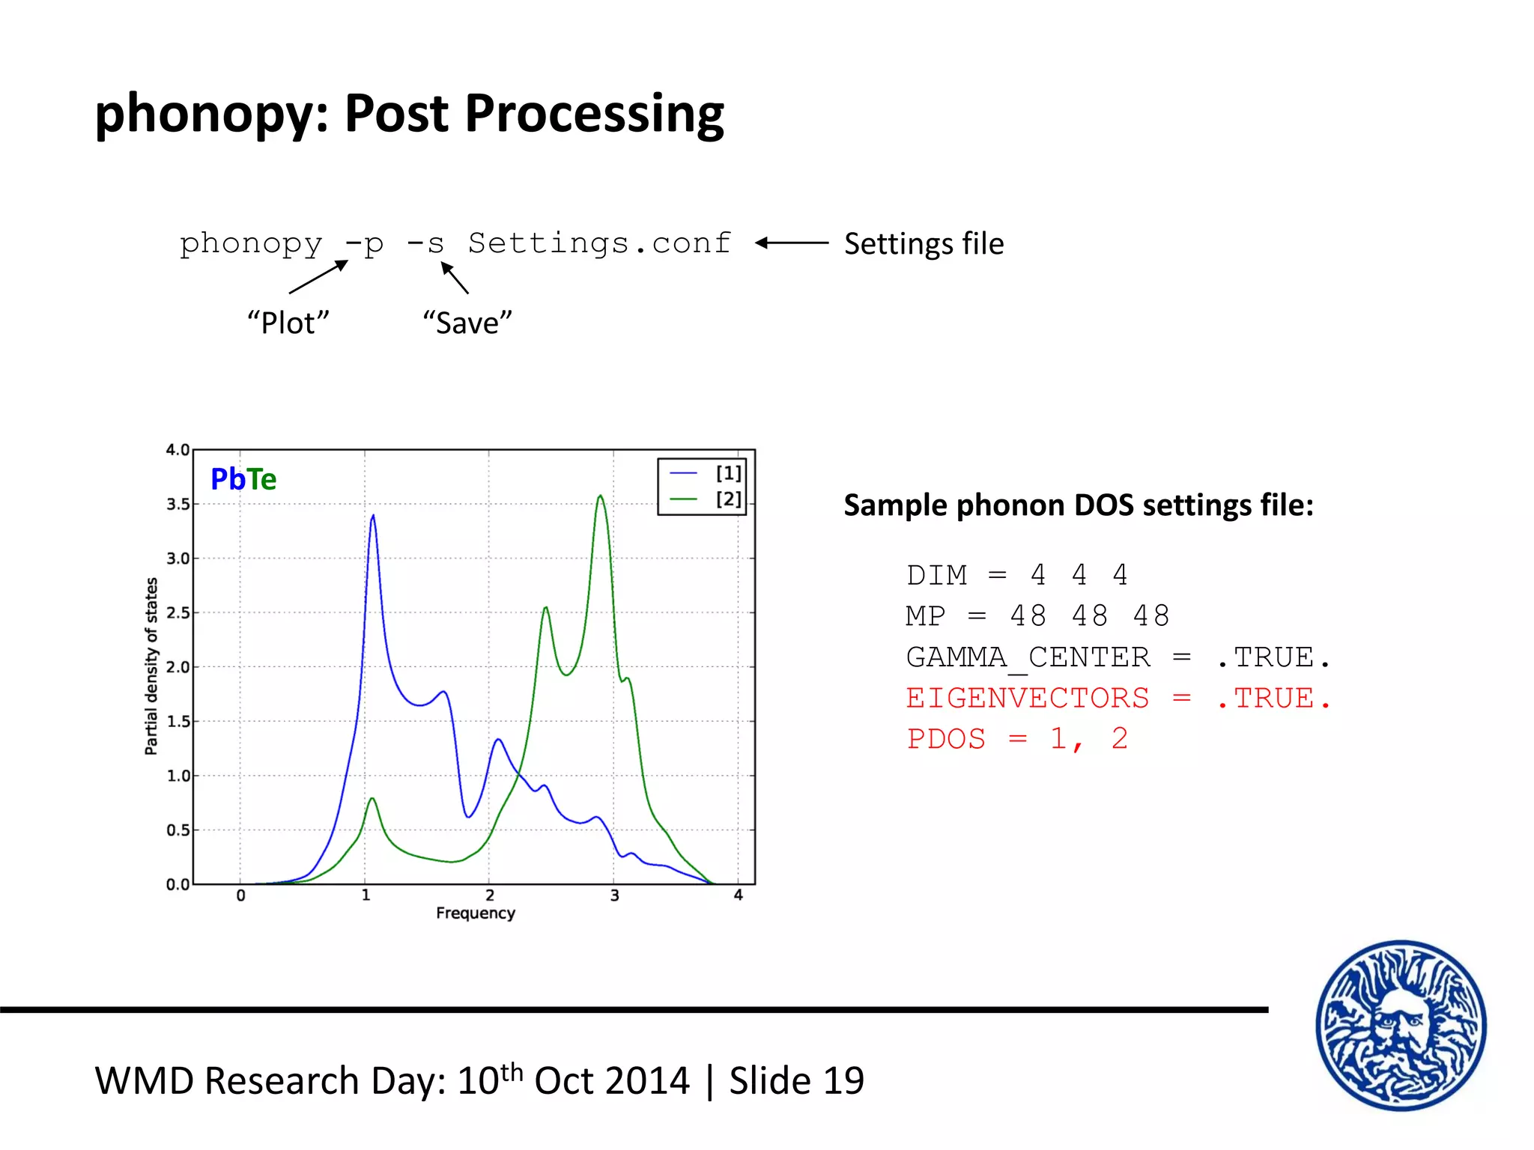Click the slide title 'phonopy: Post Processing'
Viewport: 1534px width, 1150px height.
(x=409, y=114)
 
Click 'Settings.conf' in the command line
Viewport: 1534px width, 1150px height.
(x=599, y=243)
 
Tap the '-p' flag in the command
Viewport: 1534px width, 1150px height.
(x=365, y=244)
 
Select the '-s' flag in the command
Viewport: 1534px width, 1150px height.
(x=425, y=244)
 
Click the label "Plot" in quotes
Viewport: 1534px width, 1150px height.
(x=288, y=323)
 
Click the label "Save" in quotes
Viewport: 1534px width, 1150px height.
(x=467, y=323)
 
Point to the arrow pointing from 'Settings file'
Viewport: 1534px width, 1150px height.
(x=792, y=243)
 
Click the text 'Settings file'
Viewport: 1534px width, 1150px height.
(x=924, y=244)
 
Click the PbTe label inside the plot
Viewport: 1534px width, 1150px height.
(x=243, y=479)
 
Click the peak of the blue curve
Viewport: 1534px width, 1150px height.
(x=373, y=516)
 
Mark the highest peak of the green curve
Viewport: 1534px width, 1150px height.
(x=601, y=496)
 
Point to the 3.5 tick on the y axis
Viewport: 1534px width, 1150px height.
(x=178, y=505)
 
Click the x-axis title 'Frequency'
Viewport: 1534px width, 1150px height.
(x=476, y=913)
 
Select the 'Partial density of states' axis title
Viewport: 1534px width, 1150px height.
(x=151, y=666)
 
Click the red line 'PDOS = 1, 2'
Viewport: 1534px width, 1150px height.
(x=1016, y=739)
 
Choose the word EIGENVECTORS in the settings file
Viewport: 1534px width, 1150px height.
(x=1027, y=699)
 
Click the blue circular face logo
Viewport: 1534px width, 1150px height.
(x=1401, y=1026)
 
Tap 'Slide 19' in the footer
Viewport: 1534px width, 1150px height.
(x=796, y=1081)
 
